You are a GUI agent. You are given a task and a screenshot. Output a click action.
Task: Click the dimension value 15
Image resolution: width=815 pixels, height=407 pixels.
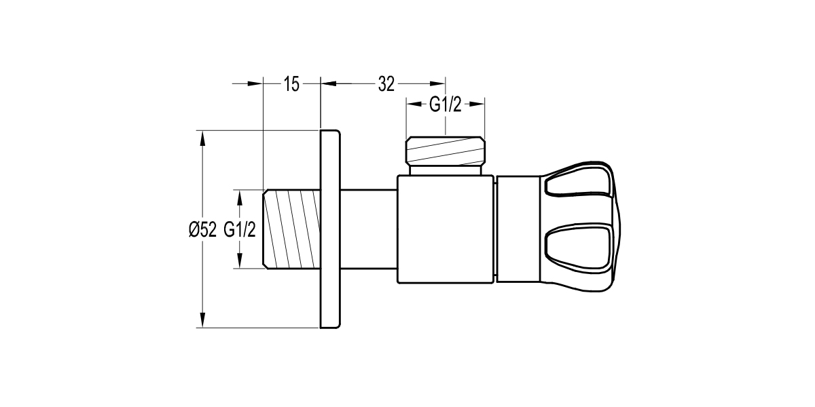(291, 84)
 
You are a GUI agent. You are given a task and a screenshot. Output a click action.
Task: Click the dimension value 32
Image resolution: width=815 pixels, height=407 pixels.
(386, 84)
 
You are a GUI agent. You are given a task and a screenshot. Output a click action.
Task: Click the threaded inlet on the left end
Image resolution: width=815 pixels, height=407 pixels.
(291, 229)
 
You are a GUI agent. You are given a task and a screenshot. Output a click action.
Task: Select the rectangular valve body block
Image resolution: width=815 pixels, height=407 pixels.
(446, 229)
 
